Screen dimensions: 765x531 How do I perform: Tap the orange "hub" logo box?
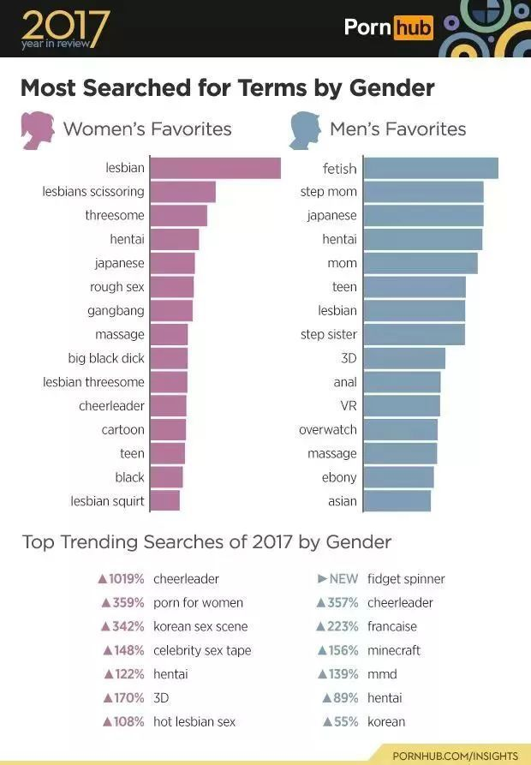413,27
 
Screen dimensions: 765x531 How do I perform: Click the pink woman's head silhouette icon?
38,129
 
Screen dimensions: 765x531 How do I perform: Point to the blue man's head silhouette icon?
304,129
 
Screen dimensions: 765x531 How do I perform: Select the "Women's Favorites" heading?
147,129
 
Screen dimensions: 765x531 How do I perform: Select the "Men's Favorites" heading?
397,129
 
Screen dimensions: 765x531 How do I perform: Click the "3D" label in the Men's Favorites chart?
349,358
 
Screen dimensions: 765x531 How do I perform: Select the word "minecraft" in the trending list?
395,650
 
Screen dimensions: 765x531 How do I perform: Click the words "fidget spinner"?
406,579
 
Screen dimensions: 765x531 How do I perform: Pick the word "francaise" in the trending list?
392,626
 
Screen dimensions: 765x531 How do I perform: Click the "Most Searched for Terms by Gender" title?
227,88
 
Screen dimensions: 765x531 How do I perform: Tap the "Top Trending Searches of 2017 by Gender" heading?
206,541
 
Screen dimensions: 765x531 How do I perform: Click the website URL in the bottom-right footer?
455,756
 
